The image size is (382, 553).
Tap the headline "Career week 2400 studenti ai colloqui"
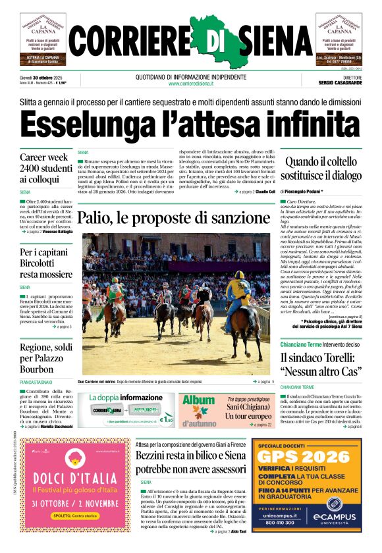pos(46,167)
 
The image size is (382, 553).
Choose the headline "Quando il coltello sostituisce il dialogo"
pos(323,167)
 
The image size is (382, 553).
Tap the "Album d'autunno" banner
pos(199,408)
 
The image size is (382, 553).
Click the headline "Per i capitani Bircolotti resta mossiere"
pos(46,263)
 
